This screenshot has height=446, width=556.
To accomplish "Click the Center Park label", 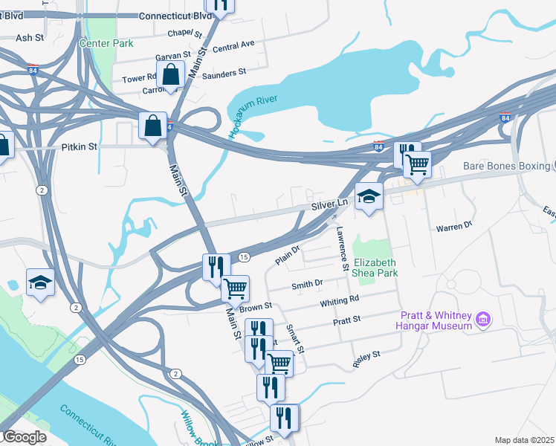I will coord(106,43).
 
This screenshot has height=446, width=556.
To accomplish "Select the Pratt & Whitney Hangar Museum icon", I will coord(484,320).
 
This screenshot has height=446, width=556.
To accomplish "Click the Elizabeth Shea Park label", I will coord(375,268).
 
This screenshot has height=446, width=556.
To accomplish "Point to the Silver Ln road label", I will coord(329,203).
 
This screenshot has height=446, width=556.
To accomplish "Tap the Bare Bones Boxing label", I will coord(505,166).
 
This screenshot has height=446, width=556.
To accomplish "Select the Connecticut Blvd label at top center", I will coord(175,15).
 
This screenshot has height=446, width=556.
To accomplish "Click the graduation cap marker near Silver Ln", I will coord(369,197).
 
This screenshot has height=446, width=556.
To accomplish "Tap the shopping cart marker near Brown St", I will coord(235,288).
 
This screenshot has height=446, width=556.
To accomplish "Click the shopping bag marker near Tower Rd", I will coord(171,75).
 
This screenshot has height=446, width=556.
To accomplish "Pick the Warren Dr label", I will coord(454,225).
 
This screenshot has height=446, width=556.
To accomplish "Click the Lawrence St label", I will coord(343,248).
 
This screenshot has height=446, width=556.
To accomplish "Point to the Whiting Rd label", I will coord(340,301).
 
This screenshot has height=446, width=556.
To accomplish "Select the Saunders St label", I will coord(224,73).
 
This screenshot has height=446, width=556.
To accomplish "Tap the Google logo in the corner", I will coord(24,437).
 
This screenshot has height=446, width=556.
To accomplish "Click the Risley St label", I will coord(366,360).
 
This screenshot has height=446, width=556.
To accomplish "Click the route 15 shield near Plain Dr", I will coord(243,257).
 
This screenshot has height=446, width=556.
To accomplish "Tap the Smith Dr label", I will coord(307,284).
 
